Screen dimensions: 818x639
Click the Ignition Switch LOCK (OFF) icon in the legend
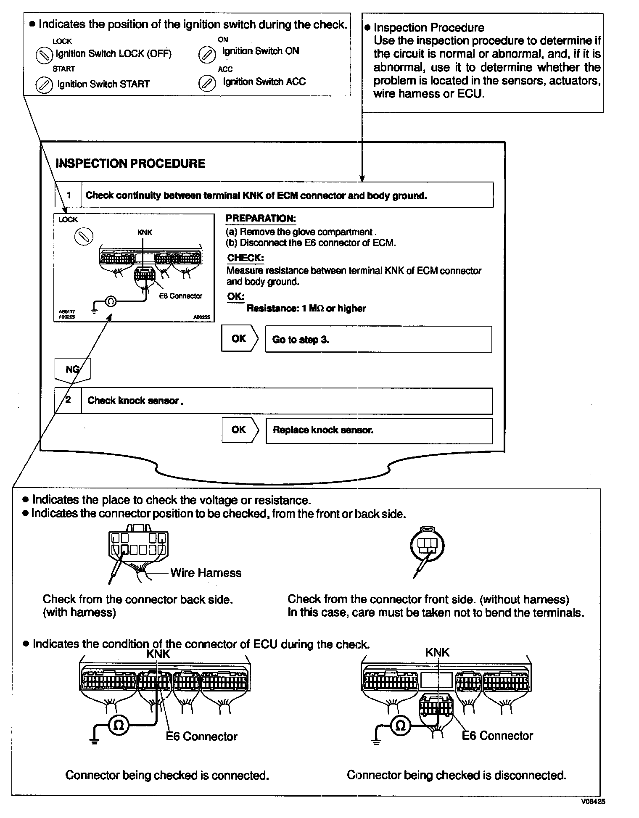click(44, 55)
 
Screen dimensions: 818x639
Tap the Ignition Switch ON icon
click(206, 54)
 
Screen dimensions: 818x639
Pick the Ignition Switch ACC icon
click(206, 83)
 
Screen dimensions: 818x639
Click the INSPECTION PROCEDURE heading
click(130, 164)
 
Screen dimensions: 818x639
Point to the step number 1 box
click(69, 195)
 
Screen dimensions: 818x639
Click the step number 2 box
click(68, 401)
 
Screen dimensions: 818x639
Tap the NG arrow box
click(73, 369)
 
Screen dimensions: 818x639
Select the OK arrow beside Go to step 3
click(239, 339)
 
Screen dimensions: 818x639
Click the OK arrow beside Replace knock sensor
click(239, 430)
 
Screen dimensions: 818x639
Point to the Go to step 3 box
click(378, 339)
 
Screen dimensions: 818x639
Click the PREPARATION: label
click(261, 219)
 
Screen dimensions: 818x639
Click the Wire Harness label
click(206, 573)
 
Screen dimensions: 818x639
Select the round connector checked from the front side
click(427, 546)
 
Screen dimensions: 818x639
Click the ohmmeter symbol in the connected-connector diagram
click(119, 726)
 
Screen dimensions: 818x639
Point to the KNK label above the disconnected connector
click(437, 652)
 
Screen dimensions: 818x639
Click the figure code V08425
click(593, 802)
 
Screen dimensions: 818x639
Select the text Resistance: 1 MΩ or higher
click(306, 309)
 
